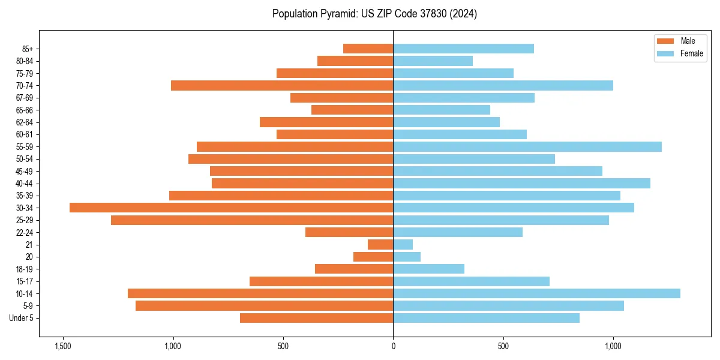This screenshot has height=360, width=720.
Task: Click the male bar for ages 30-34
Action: [x=231, y=208]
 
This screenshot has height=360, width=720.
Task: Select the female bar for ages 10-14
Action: [x=536, y=293]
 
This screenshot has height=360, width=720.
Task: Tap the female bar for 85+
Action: [x=463, y=49]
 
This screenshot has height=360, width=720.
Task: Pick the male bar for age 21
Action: [x=380, y=244]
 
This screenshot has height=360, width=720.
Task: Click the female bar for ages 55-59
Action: [x=527, y=146]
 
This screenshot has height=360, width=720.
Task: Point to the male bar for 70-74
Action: [x=282, y=85]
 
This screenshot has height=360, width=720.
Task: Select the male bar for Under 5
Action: [x=316, y=318]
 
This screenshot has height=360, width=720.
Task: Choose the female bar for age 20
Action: [x=407, y=257]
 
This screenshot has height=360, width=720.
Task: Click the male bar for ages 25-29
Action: [x=252, y=220]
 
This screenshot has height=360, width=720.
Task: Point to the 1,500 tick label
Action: [x=62, y=346]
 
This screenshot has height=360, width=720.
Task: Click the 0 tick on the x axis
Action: [x=393, y=346]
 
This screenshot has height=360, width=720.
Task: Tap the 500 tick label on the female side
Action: [x=503, y=346]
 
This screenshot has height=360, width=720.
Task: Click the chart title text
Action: [x=374, y=13]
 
